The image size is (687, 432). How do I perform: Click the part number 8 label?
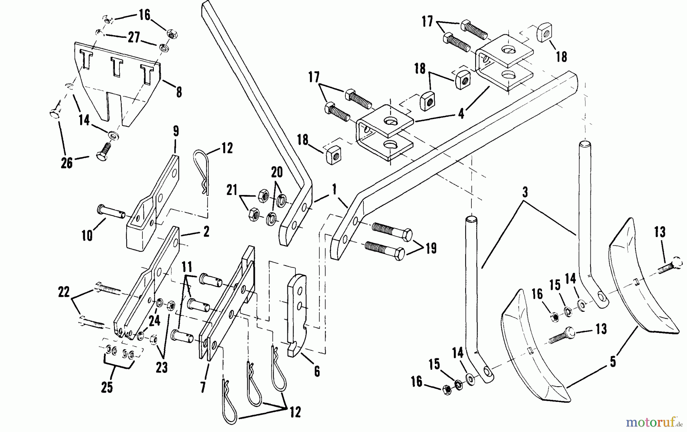click(179, 92)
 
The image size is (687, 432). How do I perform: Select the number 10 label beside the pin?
click(87, 235)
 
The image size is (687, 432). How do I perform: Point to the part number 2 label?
click(206, 232)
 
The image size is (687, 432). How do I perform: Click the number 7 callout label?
click(203, 387)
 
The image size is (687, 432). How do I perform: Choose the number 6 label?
click(317, 371)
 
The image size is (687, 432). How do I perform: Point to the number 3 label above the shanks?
click(525, 192)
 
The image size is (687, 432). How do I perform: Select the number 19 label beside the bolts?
click(431, 248)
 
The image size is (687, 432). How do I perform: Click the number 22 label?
click(64, 292)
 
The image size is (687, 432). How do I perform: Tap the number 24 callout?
click(154, 321)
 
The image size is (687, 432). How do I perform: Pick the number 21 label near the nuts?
click(232, 190)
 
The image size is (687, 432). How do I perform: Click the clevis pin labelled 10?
click(111, 211)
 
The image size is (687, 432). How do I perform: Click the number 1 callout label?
click(334, 190)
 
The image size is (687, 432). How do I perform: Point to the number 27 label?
click(134, 38)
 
